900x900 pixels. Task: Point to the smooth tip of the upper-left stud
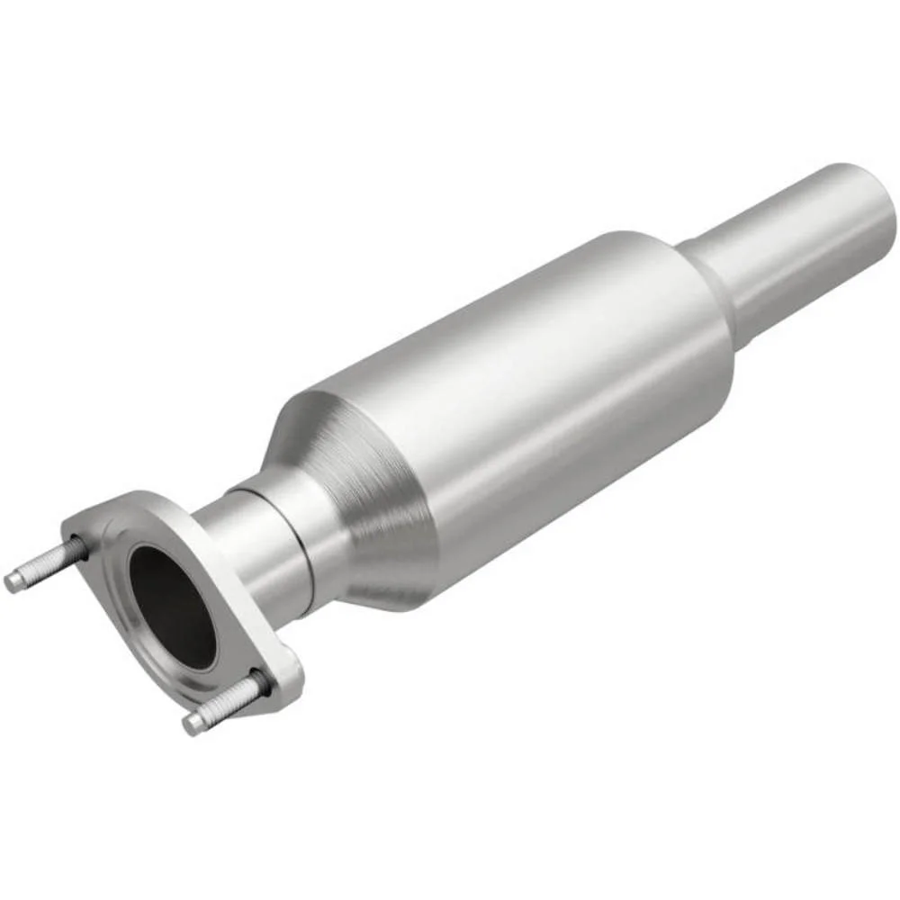[14, 581]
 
